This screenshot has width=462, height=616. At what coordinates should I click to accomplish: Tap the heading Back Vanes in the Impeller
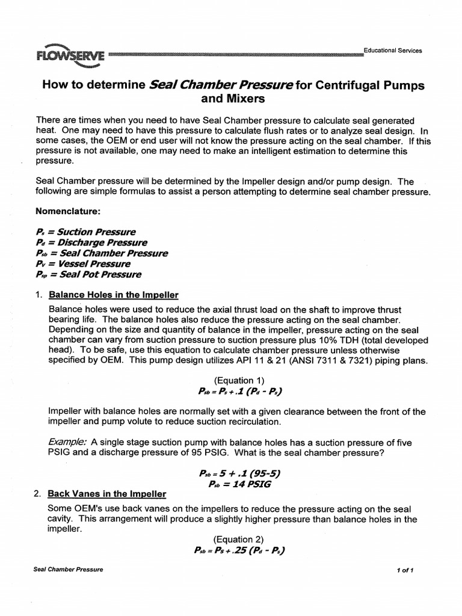click(107, 494)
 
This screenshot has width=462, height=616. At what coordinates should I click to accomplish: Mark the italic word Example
click(67, 442)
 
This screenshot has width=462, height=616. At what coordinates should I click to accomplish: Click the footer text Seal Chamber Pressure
click(68, 570)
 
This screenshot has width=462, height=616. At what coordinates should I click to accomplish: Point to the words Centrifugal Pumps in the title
click(369, 85)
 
